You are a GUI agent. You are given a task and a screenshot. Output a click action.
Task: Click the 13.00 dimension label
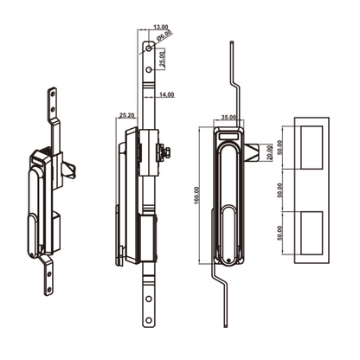pos(159,27)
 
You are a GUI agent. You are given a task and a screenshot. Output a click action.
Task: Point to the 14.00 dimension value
pos(166,93)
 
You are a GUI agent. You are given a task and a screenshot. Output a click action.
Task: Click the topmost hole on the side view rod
pos(150,50)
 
